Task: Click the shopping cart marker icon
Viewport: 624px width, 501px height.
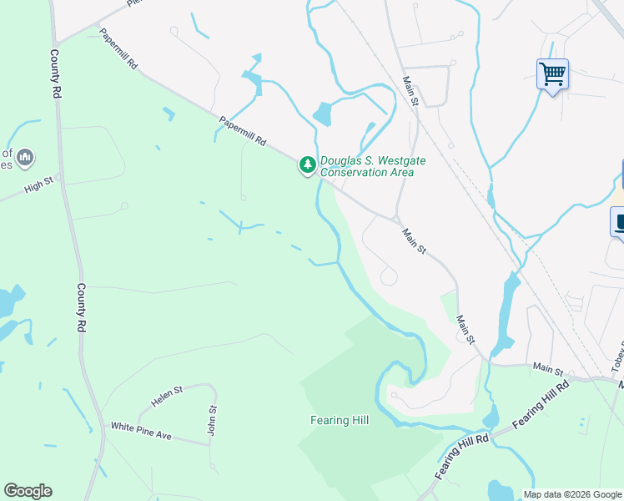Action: pos(552,74)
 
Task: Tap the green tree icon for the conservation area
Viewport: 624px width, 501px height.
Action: pos(308,165)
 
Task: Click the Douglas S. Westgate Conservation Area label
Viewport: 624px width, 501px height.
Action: pos(368,166)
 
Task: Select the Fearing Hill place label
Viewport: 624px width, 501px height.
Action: pos(340,420)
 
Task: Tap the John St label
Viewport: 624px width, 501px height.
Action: pos(212,420)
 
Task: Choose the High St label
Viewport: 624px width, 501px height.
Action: pos(38,184)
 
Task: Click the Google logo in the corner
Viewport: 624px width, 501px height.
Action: pos(28,491)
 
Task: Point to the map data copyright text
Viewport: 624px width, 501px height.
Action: pos(572,494)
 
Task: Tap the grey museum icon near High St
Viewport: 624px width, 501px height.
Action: pos(25,156)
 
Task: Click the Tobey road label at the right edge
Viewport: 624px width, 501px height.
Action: pos(617,357)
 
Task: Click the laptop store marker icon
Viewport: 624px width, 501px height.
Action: pos(619,223)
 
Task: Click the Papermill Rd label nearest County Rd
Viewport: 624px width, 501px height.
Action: pos(118,51)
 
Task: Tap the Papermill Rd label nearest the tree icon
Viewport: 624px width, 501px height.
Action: pos(242,131)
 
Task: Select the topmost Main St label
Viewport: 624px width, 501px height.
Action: pos(410,90)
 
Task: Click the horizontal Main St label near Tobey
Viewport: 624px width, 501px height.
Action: pos(548,368)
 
